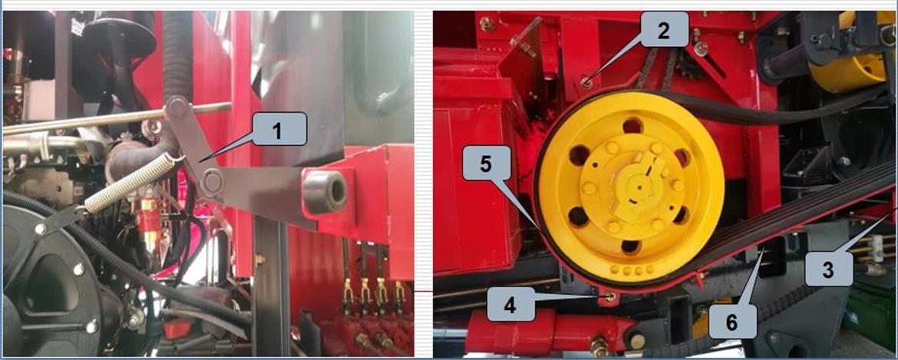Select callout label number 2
click(663, 31)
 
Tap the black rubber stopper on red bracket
click(325, 191)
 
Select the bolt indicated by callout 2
click(586, 84)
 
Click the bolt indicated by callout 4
click(611, 296)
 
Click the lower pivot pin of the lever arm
click(212, 181)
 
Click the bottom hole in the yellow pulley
click(630, 247)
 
